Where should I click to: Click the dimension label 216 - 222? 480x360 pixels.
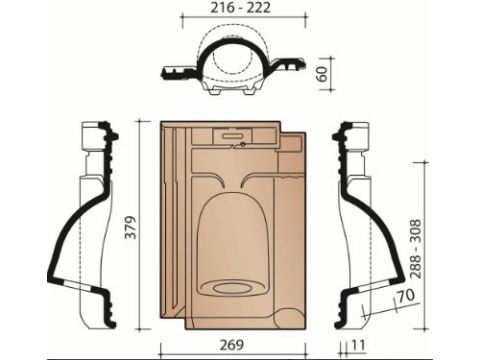[240, 8]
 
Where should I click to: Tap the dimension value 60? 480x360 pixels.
[323, 74]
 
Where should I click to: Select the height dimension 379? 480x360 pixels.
[131, 227]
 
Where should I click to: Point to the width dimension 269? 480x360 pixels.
[232, 345]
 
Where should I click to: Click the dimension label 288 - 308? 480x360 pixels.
[416, 249]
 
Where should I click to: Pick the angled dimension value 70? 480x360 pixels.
[407, 295]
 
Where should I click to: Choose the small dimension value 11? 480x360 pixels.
[358, 345]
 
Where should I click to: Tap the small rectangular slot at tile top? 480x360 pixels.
[232, 136]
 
